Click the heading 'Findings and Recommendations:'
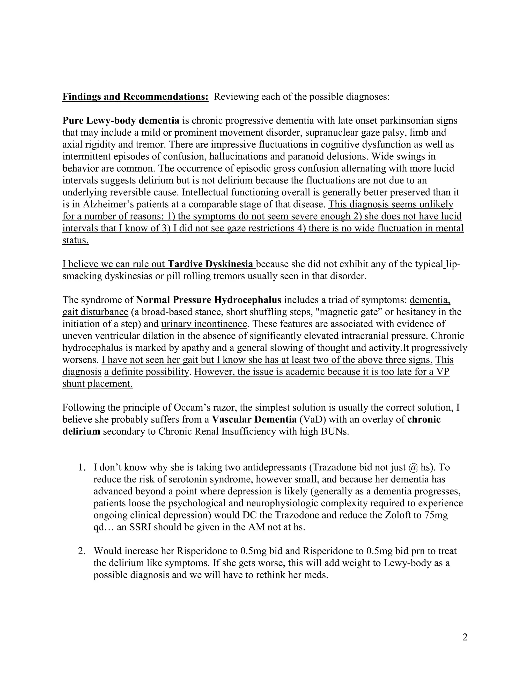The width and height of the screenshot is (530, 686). coord(135,97)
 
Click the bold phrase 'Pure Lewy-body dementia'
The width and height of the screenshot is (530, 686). coord(121,121)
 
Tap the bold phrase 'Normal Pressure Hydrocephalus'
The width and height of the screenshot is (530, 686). coord(209,300)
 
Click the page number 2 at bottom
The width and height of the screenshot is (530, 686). coord(465,637)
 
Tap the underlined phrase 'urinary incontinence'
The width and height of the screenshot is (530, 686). coord(204,324)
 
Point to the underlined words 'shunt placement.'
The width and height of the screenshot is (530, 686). coord(97,384)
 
